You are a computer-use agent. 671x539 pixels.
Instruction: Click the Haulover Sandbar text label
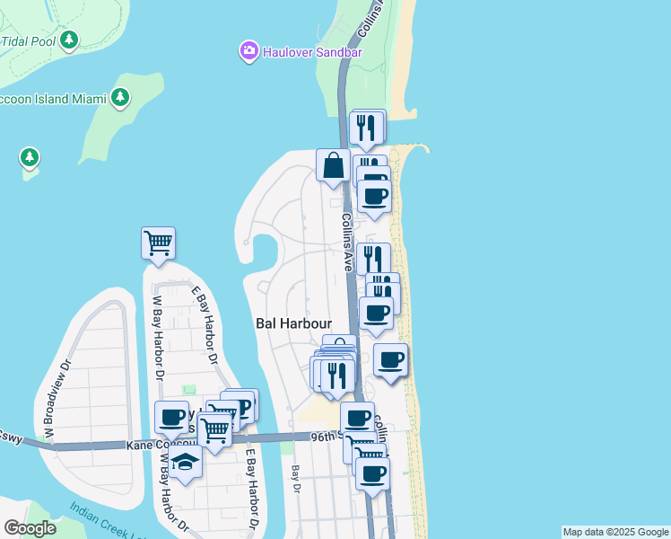(313, 52)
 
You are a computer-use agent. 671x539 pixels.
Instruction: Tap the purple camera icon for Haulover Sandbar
(249, 51)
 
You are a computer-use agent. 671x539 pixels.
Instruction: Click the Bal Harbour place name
(294, 323)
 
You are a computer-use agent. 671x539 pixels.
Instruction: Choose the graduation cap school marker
(186, 463)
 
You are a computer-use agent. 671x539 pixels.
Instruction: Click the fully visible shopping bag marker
(333, 165)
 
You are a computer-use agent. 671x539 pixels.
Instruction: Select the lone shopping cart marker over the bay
(158, 242)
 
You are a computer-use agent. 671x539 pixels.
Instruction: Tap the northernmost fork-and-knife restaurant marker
(365, 128)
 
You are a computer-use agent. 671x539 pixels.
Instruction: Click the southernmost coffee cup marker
(372, 473)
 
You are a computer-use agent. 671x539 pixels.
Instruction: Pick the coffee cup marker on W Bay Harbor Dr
(171, 418)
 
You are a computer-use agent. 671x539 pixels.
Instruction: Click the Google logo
(30, 528)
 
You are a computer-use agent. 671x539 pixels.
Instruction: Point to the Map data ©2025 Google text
(615, 532)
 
